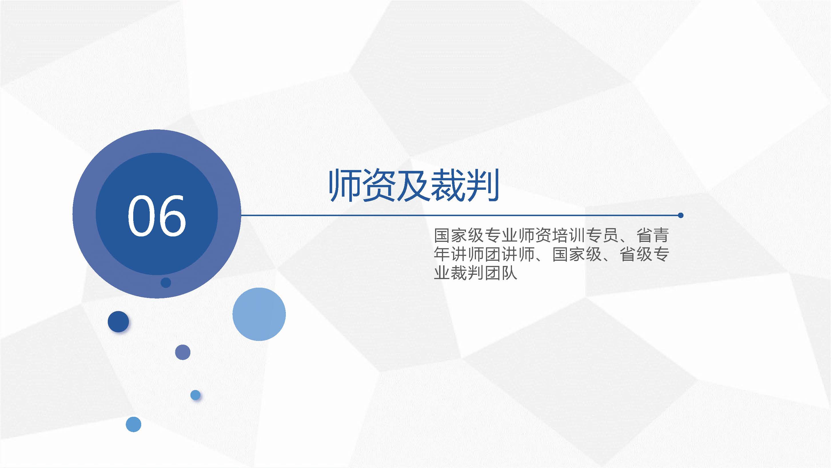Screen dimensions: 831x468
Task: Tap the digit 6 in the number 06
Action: tap(172, 216)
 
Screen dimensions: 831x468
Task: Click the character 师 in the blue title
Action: tap(345, 185)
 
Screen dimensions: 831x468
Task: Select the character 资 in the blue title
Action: tap(379, 185)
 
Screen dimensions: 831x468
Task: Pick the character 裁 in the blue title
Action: tap(447, 185)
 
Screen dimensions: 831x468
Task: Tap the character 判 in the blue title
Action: tap(482, 185)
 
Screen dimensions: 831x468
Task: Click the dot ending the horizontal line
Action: tap(681, 215)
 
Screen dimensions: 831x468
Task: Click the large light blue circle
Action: tap(259, 314)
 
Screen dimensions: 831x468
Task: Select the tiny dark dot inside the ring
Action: tap(166, 283)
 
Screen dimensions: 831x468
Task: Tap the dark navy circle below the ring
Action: tap(118, 321)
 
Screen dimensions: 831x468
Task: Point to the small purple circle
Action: tap(183, 352)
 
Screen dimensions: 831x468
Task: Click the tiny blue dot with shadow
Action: tap(196, 395)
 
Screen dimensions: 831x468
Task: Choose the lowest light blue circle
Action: tap(133, 424)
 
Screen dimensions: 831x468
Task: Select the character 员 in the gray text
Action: tap(611, 235)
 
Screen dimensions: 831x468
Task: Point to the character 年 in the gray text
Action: tap(442, 254)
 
